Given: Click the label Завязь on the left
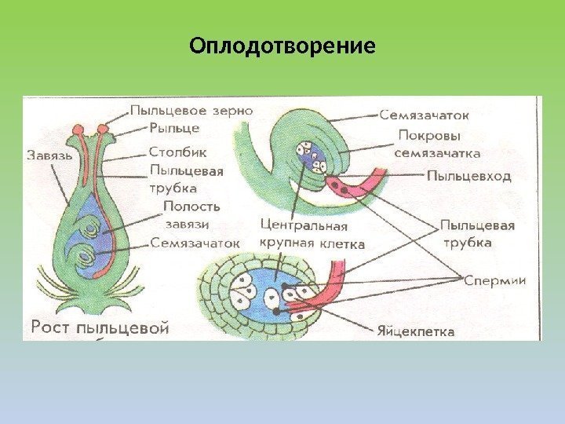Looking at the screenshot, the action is coord(49,155).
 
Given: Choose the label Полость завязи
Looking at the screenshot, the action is coord(191,214).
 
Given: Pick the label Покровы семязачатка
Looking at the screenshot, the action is coord(439,144).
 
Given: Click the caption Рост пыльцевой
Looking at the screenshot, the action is coord(100,327).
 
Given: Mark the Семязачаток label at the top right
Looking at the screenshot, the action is coord(425,115).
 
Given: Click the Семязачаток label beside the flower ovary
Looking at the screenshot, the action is coord(195,243).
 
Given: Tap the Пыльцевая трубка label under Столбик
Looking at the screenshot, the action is coord(186,178).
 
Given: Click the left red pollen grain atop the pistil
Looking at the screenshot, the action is coord(78,128).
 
